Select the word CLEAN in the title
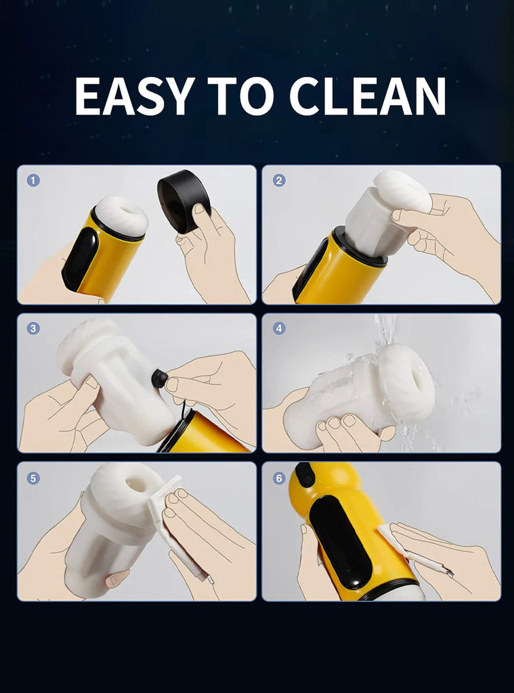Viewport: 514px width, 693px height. (x=368, y=96)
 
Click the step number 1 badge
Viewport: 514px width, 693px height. (x=33, y=180)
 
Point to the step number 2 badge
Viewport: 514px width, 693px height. (x=279, y=180)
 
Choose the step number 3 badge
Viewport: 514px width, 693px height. (x=33, y=328)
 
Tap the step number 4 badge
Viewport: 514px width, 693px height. (x=279, y=328)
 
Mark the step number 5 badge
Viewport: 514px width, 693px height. (x=33, y=477)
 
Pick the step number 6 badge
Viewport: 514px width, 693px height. (x=279, y=477)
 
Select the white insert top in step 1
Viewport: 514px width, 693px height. (x=121, y=215)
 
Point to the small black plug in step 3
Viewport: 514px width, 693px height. (x=159, y=379)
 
